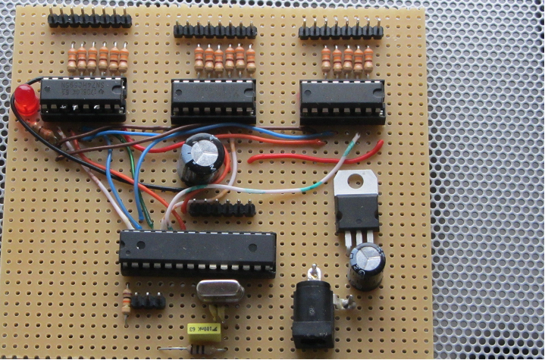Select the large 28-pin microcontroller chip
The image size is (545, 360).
pos(197,252)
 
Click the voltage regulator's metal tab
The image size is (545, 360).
pos(357,182)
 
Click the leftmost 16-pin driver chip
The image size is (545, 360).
pos(83,99)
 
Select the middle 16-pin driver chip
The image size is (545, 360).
pos(214,102)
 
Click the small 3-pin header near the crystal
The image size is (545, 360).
pos(148,301)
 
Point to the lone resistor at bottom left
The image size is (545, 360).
pos(124,301)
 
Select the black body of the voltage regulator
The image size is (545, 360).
pos(357,211)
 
